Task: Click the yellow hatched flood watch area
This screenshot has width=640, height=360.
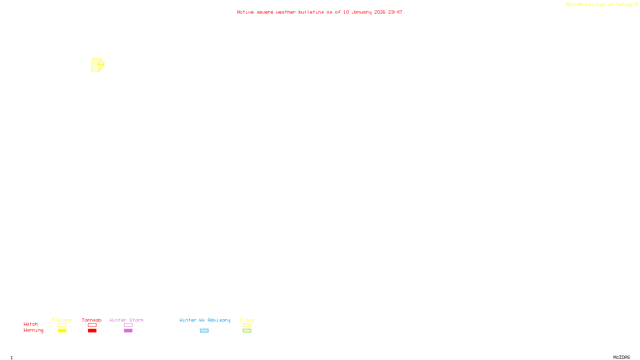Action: tap(96, 65)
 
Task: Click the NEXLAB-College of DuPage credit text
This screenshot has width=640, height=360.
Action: tap(599, 5)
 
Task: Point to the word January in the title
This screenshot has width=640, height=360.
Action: tap(361, 12)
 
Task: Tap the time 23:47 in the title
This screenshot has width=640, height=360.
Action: tap(395, 12)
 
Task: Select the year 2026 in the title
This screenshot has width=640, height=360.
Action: tap(380, 12)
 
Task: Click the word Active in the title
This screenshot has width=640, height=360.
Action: tap(245, 12)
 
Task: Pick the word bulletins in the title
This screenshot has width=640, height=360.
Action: tap(311, 12)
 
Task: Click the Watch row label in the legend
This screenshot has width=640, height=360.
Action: tap(31, 324)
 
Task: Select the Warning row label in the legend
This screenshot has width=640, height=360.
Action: tap(33, 330)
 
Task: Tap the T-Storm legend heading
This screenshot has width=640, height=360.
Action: tap(62, 320)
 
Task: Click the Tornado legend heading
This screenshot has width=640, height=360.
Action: tap(92, 320)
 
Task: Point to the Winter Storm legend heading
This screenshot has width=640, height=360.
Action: tap(126, 320)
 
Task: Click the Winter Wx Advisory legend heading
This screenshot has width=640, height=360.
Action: tap(205, 320)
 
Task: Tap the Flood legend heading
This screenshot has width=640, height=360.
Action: tap(247, 320)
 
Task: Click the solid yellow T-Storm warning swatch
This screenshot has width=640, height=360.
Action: tap(62, 331)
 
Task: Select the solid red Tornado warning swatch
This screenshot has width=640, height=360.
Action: tap(92, 331)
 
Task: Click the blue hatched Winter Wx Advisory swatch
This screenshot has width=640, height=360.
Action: tap(204, 331)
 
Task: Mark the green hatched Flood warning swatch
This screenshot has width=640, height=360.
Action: tap(247, 331)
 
